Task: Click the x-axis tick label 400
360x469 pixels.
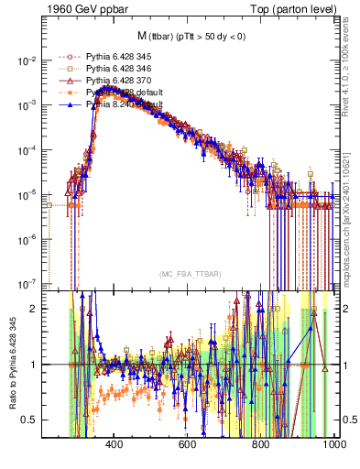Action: pos(115,446)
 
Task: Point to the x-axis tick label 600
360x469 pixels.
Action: pos(188,446)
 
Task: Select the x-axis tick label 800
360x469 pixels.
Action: pos(261,446)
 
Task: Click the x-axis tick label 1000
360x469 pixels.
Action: pos(332,446)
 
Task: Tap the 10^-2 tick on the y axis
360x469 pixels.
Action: pos(27,60)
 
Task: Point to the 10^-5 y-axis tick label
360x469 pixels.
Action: pos(27,194)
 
